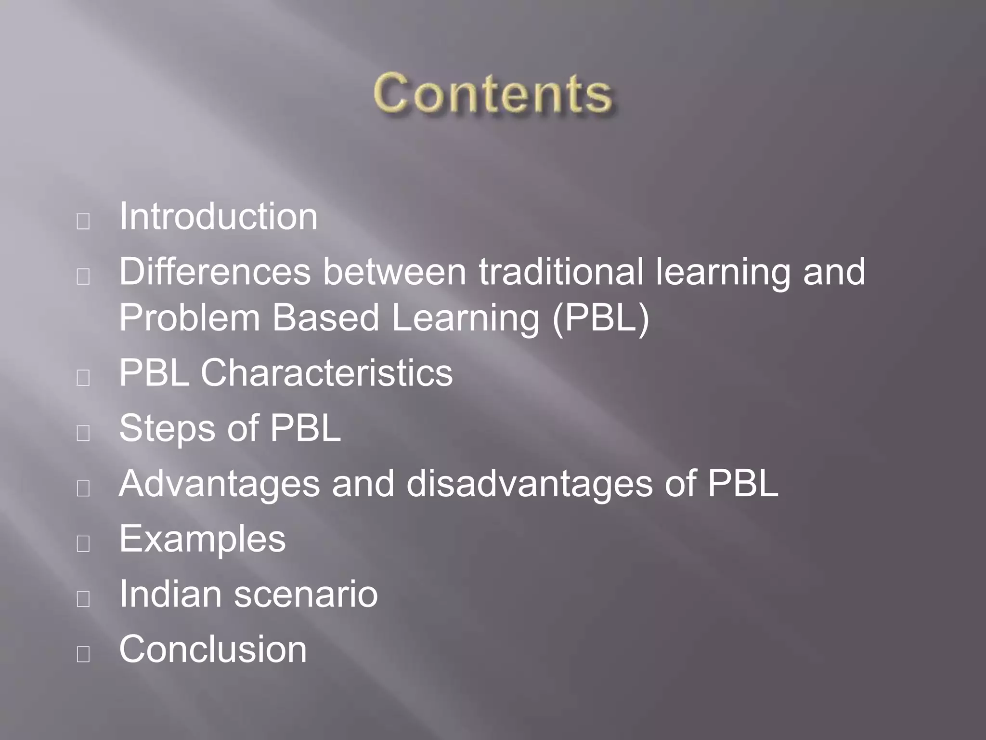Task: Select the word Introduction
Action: click(218, 216)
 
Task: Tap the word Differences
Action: click(215, 272)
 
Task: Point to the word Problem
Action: click(189, 317)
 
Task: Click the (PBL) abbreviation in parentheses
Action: click(600, 317)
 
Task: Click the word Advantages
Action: click(219, 483)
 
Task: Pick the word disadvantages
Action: click(529, 483)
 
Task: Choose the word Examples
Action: click(202, 539)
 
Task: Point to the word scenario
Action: click(306, 594)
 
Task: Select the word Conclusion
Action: click(213, 649)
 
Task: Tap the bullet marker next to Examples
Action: click(83, 543)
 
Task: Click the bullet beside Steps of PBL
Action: click(83, 433)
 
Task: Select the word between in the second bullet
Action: click(394, 272)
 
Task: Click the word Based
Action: click(326, 317)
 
